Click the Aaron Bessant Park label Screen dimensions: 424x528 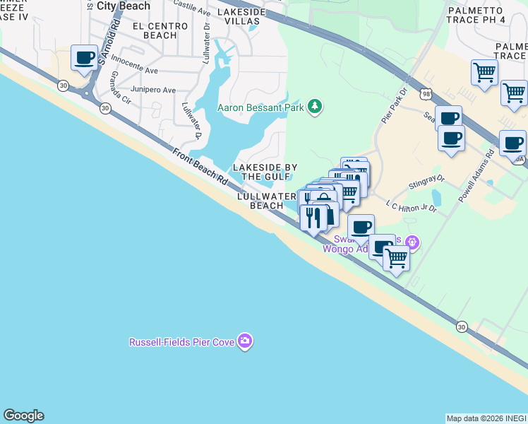pyautogui.click(x=259, y=107)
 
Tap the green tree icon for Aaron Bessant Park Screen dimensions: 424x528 pyautogui.click(x=315, y=107)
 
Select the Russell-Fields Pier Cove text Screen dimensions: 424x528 pyautogui.click(x=181, y=342)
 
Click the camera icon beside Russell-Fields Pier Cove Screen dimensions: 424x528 pyautogui.click(x=245, y=342)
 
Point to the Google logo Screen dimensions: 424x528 pyautogui.click(x=23, y=416)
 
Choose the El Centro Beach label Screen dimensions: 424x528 pyautogui.click(x=160, y=30)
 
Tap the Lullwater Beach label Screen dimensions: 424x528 pyautogui.click(x=267, y=201)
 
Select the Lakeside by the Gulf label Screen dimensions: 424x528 pyautogui.click(x=265, y=172)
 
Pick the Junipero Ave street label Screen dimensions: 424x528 pyautogui.click(x=153, y=90)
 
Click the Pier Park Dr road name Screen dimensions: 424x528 pyautogui.click(x=394, y=107)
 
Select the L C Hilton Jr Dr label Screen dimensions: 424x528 pyautogui.click(x=412, y=206)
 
